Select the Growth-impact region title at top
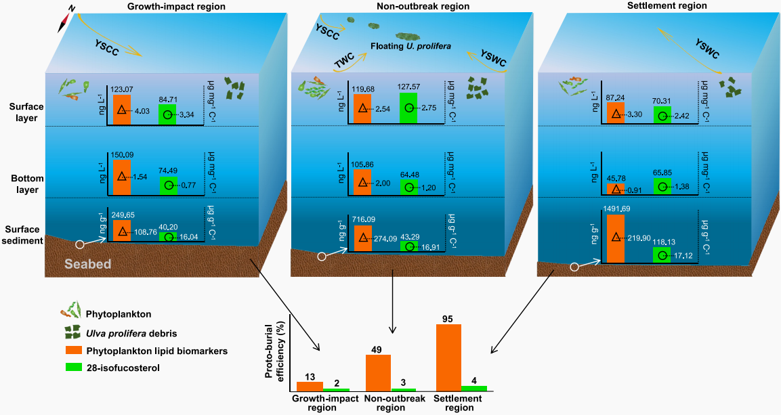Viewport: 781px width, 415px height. point(167,6)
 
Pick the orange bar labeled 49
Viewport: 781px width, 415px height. point(379,372)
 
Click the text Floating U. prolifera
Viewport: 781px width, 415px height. point(411,47)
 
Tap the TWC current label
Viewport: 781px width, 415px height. point(345,62)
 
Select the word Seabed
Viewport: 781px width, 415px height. point(88,264)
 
